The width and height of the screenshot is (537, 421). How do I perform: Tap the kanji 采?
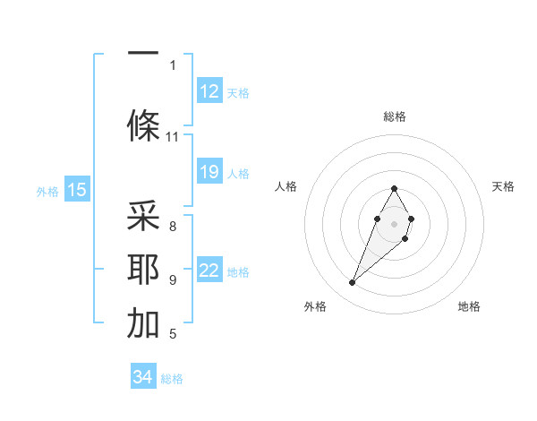(x=143, y=218)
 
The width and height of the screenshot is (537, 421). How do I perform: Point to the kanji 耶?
(x=143, y=270)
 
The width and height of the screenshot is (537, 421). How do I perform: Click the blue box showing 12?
(x=209, y=90)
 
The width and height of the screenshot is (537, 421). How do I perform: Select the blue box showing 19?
(x=209, y=171)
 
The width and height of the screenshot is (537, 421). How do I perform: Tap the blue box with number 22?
(x=209, y=271)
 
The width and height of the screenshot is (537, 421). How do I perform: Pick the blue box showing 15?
(x=77, y=189)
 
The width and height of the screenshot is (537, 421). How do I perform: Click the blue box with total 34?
(x=143, y=377)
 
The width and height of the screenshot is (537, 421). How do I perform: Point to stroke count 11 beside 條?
(x=173, y=137)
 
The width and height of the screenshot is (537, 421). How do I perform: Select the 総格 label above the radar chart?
(x=395, y=116)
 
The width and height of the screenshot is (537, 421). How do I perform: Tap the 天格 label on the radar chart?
(x=504, y=186)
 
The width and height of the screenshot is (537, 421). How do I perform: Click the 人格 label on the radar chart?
(x=286, y=186)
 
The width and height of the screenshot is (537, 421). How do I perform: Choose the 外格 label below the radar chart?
(x=315, y=306)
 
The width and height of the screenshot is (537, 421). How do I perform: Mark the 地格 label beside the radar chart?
(x=469, y=306)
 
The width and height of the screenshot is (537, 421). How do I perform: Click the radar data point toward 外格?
(x=352, y=283)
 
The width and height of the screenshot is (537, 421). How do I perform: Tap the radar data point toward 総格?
(x=395, y=188)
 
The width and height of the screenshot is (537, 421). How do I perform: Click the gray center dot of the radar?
(x=395, y=223)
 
